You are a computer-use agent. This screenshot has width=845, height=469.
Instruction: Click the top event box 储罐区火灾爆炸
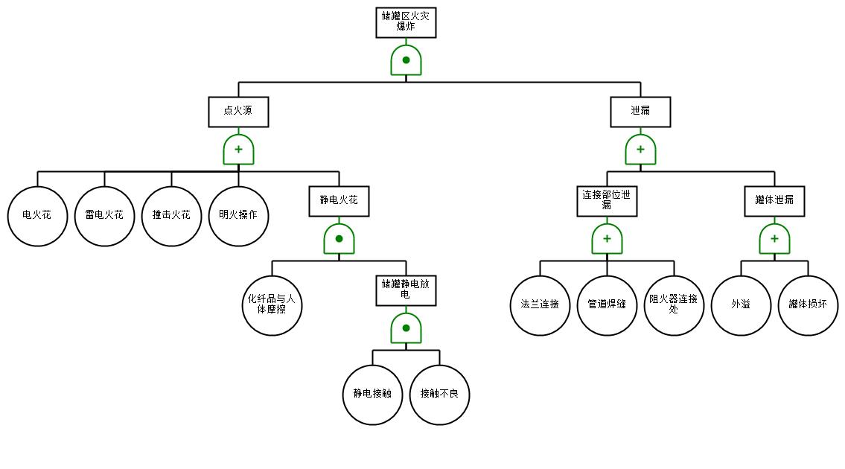pyautogui.click(x=406, y=22)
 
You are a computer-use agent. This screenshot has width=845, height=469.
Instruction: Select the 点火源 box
pyautogui.click(x=238, y=112)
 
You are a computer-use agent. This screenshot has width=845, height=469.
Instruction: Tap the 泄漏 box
pyautogui.click(x=640, y=112)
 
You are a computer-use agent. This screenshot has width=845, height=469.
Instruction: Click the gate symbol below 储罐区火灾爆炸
pyautogui.click(x=406, y=60)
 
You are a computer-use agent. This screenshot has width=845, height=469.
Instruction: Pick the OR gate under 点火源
pyautogui.click(x=238, y=150)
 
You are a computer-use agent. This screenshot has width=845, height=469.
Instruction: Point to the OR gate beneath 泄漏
pyautogui.click(x=640, y=150)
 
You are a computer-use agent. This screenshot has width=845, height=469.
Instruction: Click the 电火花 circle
pyautogui.click(x=37, y=216)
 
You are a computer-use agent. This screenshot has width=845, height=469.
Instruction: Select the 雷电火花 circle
pyautogui.click(x=104, y=216)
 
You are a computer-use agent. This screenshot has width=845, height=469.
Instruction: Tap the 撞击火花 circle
pyautogui.click(x=171, y=216)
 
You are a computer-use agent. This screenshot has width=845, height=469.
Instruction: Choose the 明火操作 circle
pyautogui.click(x=238, y=216)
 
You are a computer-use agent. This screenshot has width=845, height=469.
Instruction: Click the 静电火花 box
pyautogui.click(x=339, y=201)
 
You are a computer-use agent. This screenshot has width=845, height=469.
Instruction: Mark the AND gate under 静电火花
pyautogui.click(x=339, y=239)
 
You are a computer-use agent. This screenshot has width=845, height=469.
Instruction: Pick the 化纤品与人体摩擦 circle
pyautogui.click(x=272, y=305)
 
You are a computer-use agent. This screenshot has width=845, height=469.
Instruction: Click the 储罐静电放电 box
pyautogui.click(x=406, y=290)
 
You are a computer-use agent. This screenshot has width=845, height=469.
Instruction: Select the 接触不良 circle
pyautogui.click(x=439, y=395)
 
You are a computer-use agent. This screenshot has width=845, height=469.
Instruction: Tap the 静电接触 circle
pyautogui.click(x=372, y=395)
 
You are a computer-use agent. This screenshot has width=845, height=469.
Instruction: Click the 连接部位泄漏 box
pyautogui.click(x=607, y=201)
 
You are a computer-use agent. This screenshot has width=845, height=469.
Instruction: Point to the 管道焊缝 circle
pyautogui.click(x=607, y=305)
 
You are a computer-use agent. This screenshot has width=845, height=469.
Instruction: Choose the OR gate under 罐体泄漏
pyautogui.click(x=774, y=239)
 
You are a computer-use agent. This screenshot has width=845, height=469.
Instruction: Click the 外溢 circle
pyautogui.click(x=741, y=305)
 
